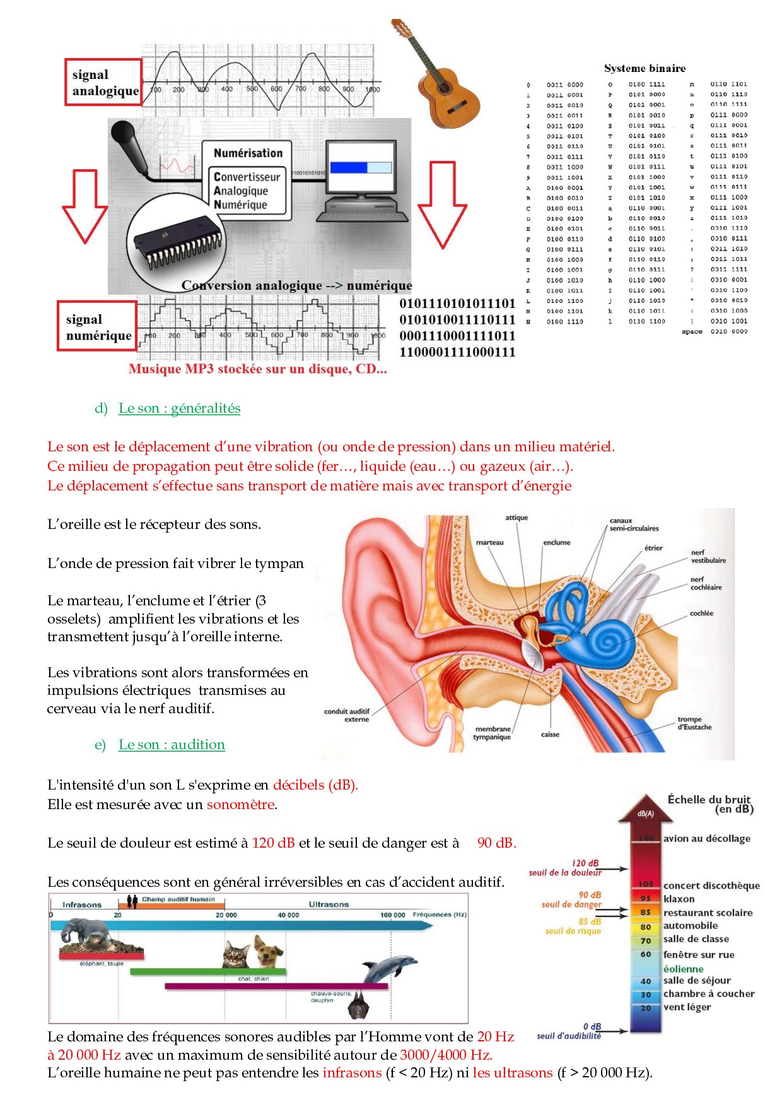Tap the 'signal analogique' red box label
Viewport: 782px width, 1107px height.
104,83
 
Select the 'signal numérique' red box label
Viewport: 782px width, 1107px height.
98,328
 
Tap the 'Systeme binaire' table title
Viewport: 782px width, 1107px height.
645,68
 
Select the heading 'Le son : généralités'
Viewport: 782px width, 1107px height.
179,408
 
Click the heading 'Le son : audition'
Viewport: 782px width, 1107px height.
172,745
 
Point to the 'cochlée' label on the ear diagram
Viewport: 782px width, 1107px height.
701,613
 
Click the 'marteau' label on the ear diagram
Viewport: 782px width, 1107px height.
489,543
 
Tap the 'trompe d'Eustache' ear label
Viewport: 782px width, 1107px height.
694,723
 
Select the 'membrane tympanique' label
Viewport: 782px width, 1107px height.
492,733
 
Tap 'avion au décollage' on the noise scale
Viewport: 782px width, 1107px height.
706,839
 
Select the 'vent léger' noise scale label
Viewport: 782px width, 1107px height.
686,1007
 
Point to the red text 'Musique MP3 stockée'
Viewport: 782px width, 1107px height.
257,369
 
